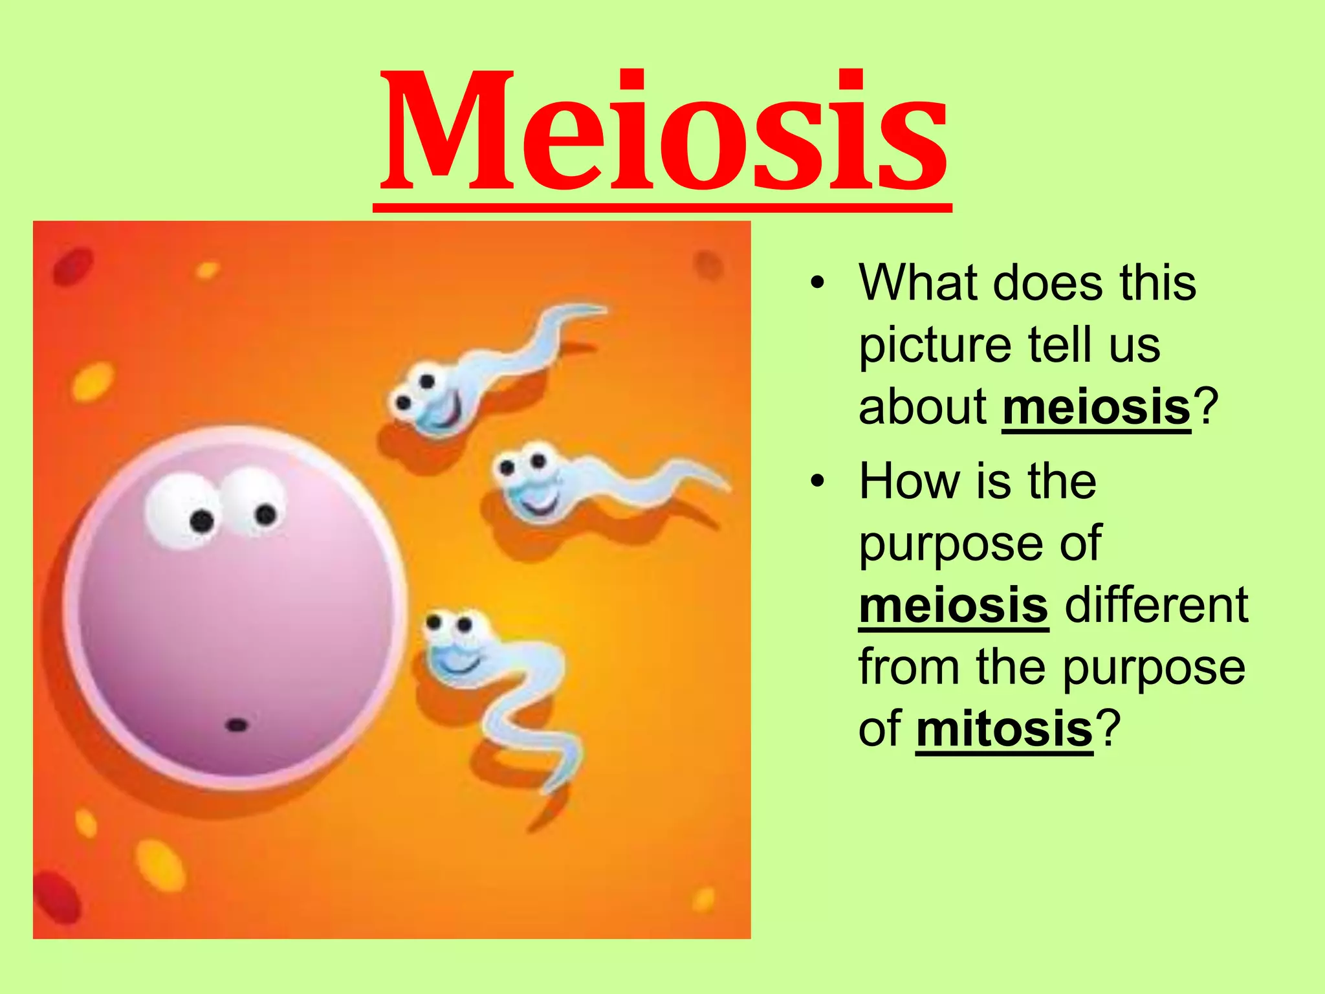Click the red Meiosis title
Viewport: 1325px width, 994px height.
pyautogui.click(x=663, y=133)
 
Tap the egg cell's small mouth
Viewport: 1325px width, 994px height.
pyautogui.click(x=237, y=725)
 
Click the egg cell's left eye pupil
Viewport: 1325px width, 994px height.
pyautogui.click(x=202, y=520)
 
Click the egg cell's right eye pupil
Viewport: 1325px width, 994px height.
pyautogui.click(x=265, y=514)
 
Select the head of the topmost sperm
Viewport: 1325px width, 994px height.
pyautogui.click(x=427, y=398)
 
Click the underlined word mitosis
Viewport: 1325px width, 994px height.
pyautogui.click(x=1004, y=729)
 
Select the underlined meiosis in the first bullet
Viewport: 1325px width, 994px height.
pyautogui.click(x=1096, y=408)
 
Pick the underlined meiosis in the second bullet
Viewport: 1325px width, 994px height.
pyautogui.click(x=953, y=605)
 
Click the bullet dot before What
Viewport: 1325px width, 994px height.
pyautogui.click(x=818, y=283)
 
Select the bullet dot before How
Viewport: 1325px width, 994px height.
pyautogui.click(x=818, y=481)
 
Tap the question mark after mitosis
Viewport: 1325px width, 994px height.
pyautogui.click(x=1108, y=729)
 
